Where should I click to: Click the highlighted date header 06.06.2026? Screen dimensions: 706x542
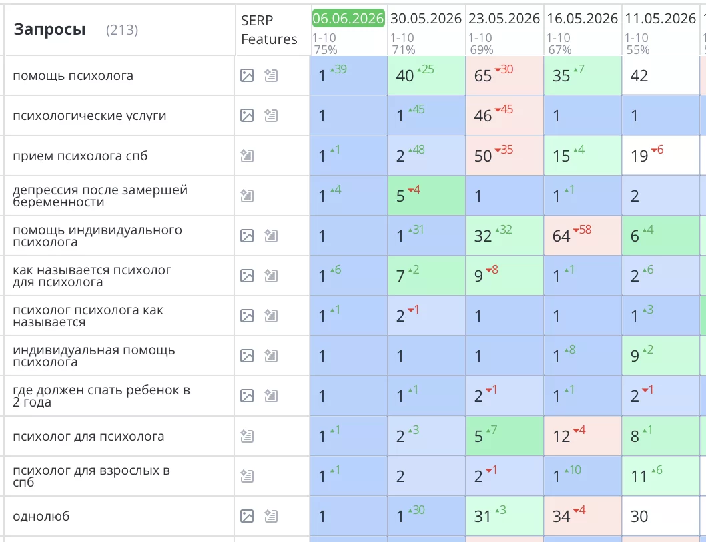[348, 19]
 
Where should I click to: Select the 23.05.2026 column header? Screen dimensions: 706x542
[504, 19]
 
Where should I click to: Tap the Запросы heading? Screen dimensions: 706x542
[49, 30]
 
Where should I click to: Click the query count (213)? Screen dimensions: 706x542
[122, 30]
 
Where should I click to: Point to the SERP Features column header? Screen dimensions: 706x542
[269, 30]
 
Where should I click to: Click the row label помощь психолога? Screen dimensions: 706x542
[73, 75]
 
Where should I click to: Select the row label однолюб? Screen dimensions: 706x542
[41, 517]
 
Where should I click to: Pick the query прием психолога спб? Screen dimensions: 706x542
[80, 156]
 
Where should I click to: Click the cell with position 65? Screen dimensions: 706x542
[504, 75]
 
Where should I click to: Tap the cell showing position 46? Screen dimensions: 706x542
[504, 115]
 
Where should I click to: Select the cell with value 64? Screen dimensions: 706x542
[583, 236]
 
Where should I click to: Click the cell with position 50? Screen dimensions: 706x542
[504, 156]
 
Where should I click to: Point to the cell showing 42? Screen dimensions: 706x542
[661, 75]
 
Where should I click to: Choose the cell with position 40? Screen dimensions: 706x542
[426, 75]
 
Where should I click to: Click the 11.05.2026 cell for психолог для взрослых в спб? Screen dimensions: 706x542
[661, 476]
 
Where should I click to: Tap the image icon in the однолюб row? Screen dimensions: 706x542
[247, 517]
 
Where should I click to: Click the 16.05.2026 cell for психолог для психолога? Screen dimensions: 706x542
[583, 436]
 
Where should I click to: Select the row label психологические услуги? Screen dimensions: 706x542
[89, 115]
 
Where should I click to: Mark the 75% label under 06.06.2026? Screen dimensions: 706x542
[326, 49]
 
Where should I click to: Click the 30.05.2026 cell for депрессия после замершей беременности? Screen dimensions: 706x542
[426, 196]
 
